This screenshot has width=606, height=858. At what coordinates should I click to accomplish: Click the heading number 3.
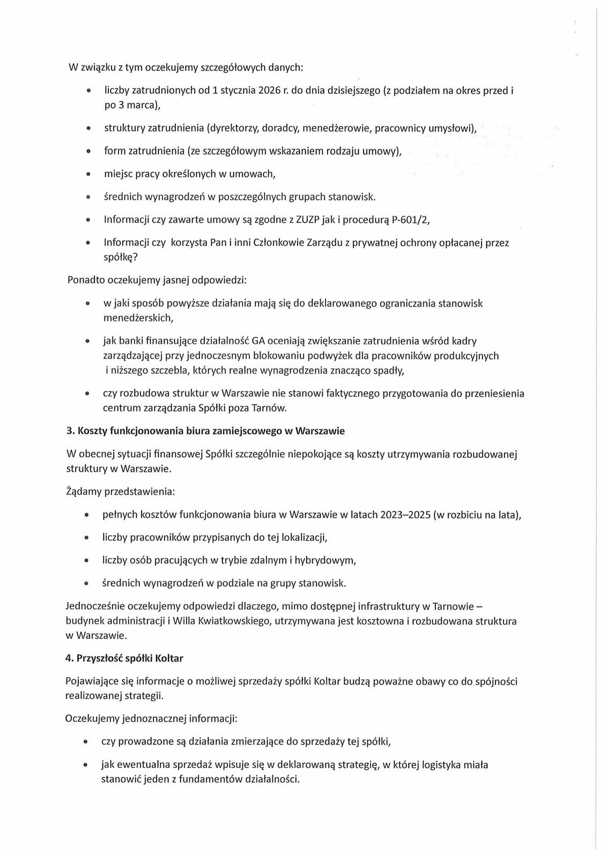coord(69,431)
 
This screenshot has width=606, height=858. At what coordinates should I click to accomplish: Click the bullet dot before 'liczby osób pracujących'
coord(86,561)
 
